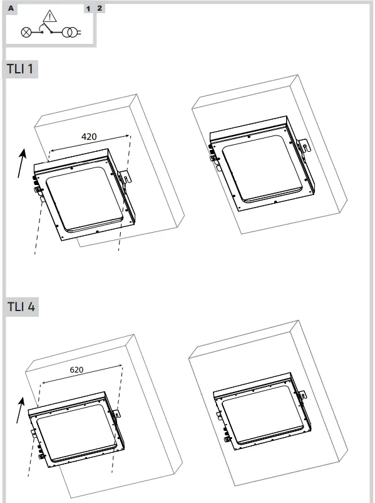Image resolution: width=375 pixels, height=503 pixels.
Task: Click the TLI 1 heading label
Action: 21,70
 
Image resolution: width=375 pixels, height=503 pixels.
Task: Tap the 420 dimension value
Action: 90,135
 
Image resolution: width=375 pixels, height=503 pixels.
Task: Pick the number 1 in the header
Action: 88,8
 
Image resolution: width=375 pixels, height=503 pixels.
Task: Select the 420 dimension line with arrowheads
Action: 90,143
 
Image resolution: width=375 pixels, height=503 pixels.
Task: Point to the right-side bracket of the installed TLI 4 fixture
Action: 301,394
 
